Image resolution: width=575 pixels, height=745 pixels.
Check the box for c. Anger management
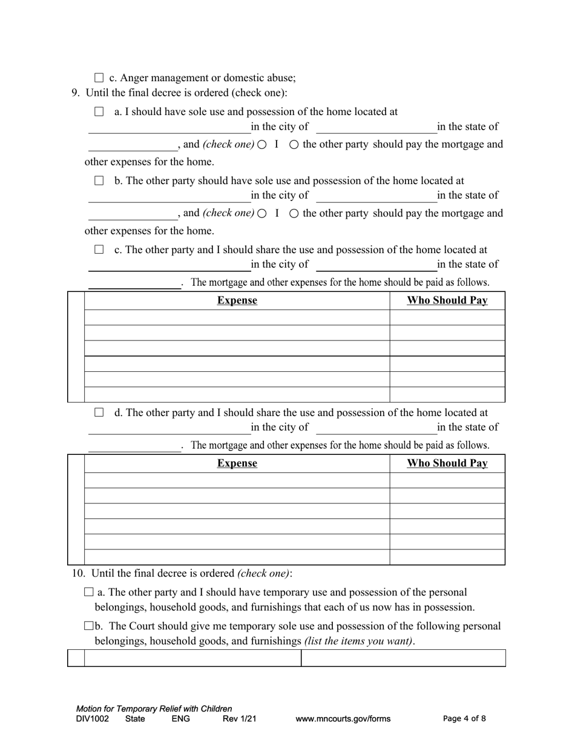pyautogui.click(x=99, y=78)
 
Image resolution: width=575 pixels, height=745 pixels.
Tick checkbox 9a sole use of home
pyautogui.click(x=99, y=111)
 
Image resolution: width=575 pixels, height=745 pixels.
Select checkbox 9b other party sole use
pyautogui.click(x=99, y=180)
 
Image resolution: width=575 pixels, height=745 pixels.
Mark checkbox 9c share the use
pyautogui.click(x=99, y=250)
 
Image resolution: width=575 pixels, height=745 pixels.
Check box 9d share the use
pyautogui.click(x=99, y=412)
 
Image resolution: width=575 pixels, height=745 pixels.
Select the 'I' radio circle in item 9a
pyautogui.click(x=262, y=145)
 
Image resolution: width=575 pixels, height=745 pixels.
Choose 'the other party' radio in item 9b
pyautogui.click(x=294, y=214)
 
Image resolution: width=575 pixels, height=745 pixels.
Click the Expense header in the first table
pyautogui.click(x=237, y=300)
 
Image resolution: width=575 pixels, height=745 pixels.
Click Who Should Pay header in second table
pyautogui.click(x=447, y=463)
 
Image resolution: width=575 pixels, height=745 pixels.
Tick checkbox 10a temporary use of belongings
pyautogui.click(x=89, y=592)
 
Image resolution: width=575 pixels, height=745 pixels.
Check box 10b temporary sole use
pyautogui.click(x=89, y=626)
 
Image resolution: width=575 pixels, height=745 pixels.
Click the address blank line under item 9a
pyautogui.click(x=169, y=128)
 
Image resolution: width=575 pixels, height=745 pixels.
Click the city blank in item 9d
pyautogui.click(x=376, y=428)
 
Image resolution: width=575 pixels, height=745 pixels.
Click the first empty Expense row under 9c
pyautogui.click(x=237, y=317)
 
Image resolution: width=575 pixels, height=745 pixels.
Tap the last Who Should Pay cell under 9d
pyautogui.click(x=447, y=557)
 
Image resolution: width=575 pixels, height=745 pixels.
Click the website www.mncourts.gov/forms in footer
pyautogui.click(x=343, y=719)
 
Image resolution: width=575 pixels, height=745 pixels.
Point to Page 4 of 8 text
pyautogui.click(x=464, y=719)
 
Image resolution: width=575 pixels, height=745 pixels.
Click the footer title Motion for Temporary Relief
pyautogui.click(x=154, y=709)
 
